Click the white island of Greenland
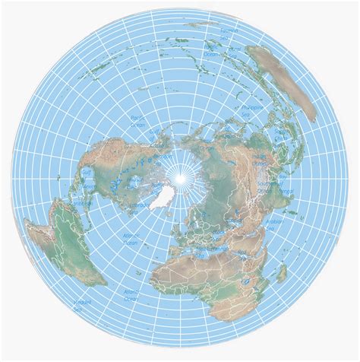[160, 197]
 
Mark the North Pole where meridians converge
[180, 177]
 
